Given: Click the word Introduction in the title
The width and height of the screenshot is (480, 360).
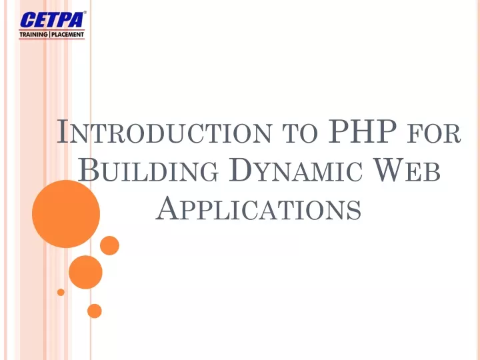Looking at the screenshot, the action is point(164,131).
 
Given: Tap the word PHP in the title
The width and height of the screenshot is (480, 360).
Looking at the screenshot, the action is point(362,131).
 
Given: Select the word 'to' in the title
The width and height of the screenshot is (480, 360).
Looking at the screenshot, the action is point(299,134).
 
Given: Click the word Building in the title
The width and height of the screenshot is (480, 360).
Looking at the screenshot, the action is point(148,170).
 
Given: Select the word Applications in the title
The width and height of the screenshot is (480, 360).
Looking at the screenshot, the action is point(259,208).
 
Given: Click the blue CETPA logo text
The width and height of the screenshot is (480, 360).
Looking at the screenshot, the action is point(51,20).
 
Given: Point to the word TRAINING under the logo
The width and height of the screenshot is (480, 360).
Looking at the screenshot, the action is point(33,34).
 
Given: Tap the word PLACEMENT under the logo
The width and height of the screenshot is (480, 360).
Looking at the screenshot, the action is point(67,34).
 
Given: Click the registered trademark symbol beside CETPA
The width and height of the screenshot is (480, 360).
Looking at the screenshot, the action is point(85,13).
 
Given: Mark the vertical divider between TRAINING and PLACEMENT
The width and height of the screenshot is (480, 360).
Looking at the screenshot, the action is point(49,34).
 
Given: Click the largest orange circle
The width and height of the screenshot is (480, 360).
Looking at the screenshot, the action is point(66,214).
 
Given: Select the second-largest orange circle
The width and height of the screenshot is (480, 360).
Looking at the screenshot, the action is point(85,272).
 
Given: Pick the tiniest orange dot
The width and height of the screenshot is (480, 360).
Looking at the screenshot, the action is point(61,292).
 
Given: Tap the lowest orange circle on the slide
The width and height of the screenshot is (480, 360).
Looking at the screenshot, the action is point(94,311).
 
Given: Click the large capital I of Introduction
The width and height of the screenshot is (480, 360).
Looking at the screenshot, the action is point(63,131).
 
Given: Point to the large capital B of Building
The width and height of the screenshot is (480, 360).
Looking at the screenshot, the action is point(88,169).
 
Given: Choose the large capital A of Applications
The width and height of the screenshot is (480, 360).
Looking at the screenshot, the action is point(167,207).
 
